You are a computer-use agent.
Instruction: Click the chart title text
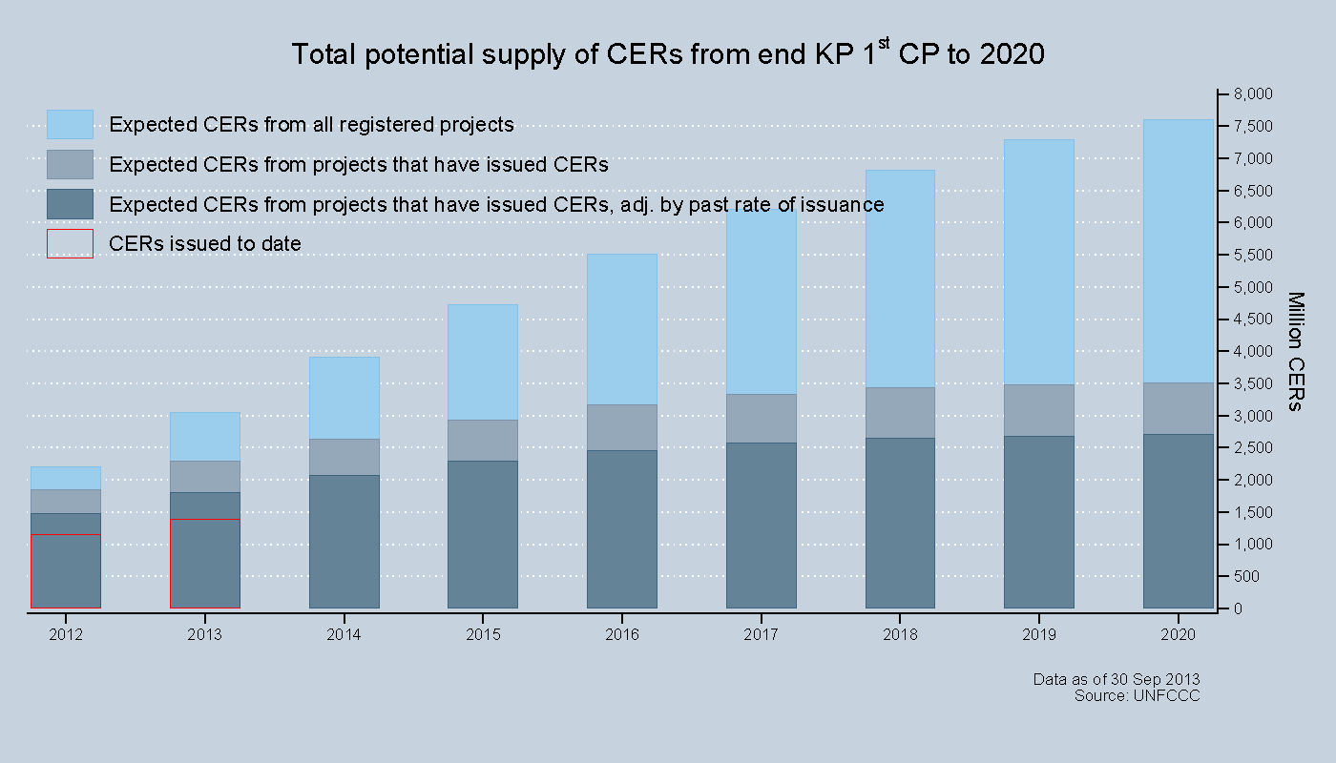pyautogui.click(x=667, y=54)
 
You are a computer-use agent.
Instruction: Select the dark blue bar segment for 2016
pyautogui.click(x=621, y=528)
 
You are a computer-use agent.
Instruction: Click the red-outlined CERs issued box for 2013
pyautogui.click(x=204, y=564)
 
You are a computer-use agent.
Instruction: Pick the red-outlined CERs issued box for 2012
pyautogui.click(x=66, y=570)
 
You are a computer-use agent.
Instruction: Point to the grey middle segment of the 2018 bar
pyautogui.click(x=900, y=412)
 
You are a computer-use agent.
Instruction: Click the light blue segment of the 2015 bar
pyautogui.click(x=483, y=362)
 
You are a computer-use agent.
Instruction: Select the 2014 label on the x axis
pyautogui.click(x=344, y=633)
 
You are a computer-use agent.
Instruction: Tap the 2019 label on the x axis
pyautogui.click(x=1038, y=633)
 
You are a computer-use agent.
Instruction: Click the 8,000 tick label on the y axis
pyautogui.click(x=1253, y=93)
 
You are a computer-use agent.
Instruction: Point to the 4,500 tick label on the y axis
pyautogui.click(x=1253, y=319)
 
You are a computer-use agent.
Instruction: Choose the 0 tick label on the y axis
pyautogui.click(x=1238, y=608)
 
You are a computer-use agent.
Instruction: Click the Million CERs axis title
pyautogui.click(x=1295, y=351)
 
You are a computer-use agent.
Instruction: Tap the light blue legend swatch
pyautogui.click(x=70, y=124)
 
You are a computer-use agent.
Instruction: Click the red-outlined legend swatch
pyautogui.click(x=70, y=243)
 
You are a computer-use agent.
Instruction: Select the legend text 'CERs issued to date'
pyautogui.click(x=205, y=243)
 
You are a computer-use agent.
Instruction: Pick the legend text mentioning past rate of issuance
pyautogui.click(x=496, y=204)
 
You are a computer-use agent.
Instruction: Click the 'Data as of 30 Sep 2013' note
pyautogui.click(x=1117, y=679)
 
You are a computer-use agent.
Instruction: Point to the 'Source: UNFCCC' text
pyautogui.click(x=1137, y=695)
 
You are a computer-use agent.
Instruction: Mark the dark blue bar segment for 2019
pyautogui.click(x=1038, y=522)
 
